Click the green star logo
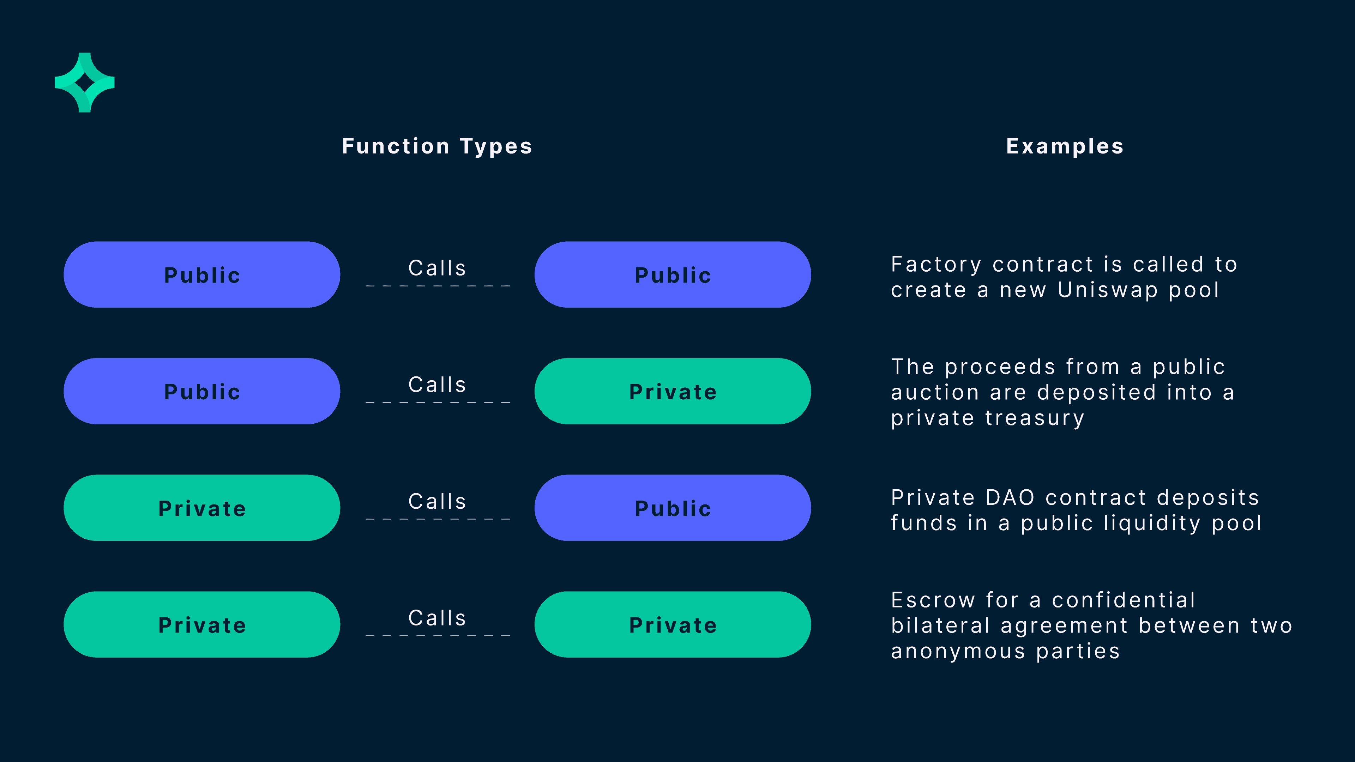click(x=85, y=83)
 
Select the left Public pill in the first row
click(x=202, y=274)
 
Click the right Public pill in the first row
click(x=673, y=274)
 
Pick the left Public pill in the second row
click(x=202, y=391)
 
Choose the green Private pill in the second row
click(x=673, y=391)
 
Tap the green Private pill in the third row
click(x=202, y=508)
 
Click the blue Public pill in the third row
click(x=673, y=508)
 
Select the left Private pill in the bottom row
click(x=202, y=625)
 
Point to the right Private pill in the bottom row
click(x=673, y=625)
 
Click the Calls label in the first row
click(x=437, y=268)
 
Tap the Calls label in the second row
click(x=437, y=385)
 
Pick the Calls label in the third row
click(x=437, y=502)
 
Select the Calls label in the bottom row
click(x=437, y=618)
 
